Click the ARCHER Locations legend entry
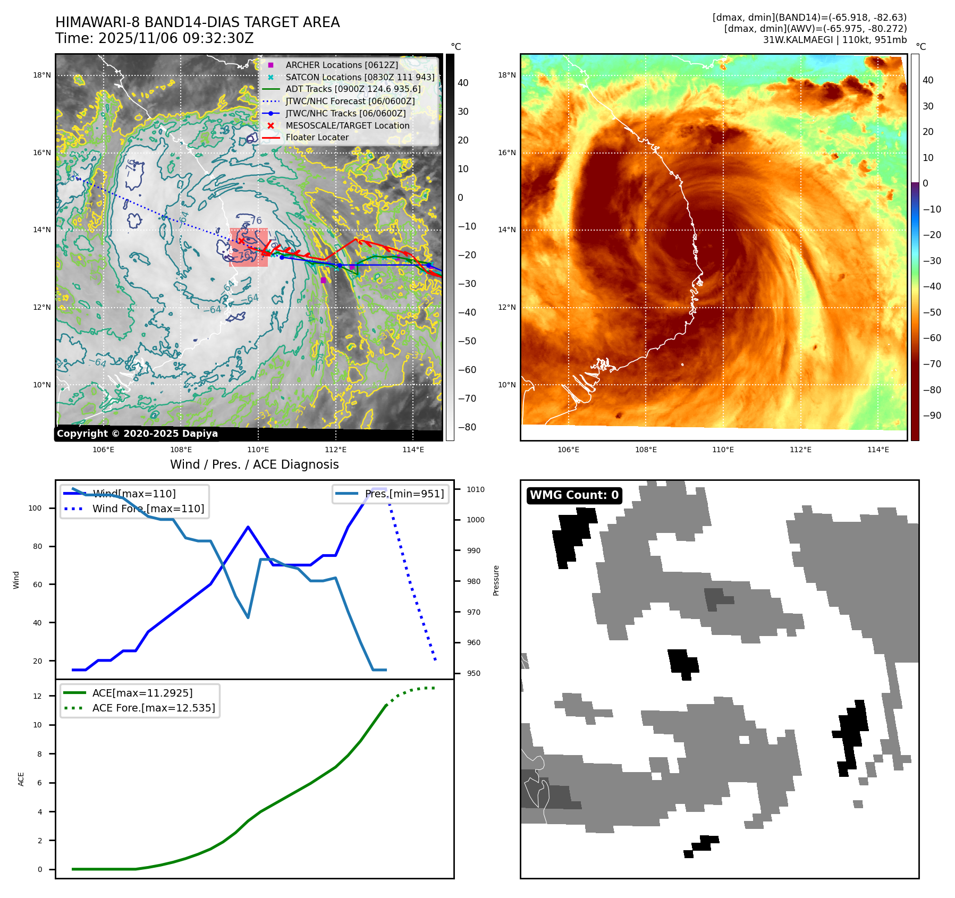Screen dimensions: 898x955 [x=341, y=65]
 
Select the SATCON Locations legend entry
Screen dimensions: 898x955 [x=360, y=77]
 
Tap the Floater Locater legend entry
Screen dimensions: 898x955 [x=317, y=137]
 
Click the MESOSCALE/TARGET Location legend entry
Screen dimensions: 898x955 [x=347, y=125]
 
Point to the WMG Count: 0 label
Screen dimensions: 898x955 [x=574, y=495]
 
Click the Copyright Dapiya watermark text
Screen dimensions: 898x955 [x=137, y=434]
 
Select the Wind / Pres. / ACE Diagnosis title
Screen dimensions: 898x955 [x=254, y=464]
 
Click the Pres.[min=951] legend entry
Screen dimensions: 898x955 [x=404, y=494]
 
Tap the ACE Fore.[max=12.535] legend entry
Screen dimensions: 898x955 [x=154, y=708]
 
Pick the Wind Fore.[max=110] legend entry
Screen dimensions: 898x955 [x=148, y=509]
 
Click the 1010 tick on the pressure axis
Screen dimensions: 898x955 [x=476, y=489]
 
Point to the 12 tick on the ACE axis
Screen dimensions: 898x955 [x=37, y=696]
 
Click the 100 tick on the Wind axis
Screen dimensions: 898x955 [x=35, y=508]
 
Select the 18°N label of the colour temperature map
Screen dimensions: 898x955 [x=506, y=75]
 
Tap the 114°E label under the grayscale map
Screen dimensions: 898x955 [x=413, y=450]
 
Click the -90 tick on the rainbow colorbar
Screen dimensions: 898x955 [x=932, y=416]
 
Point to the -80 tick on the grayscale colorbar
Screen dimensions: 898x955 [x=467, y=427]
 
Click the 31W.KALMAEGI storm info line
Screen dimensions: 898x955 [x=834, y=40]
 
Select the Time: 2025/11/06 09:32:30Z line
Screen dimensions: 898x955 [x=154, y=38]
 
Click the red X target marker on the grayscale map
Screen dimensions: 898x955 [x=241, y=241]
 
